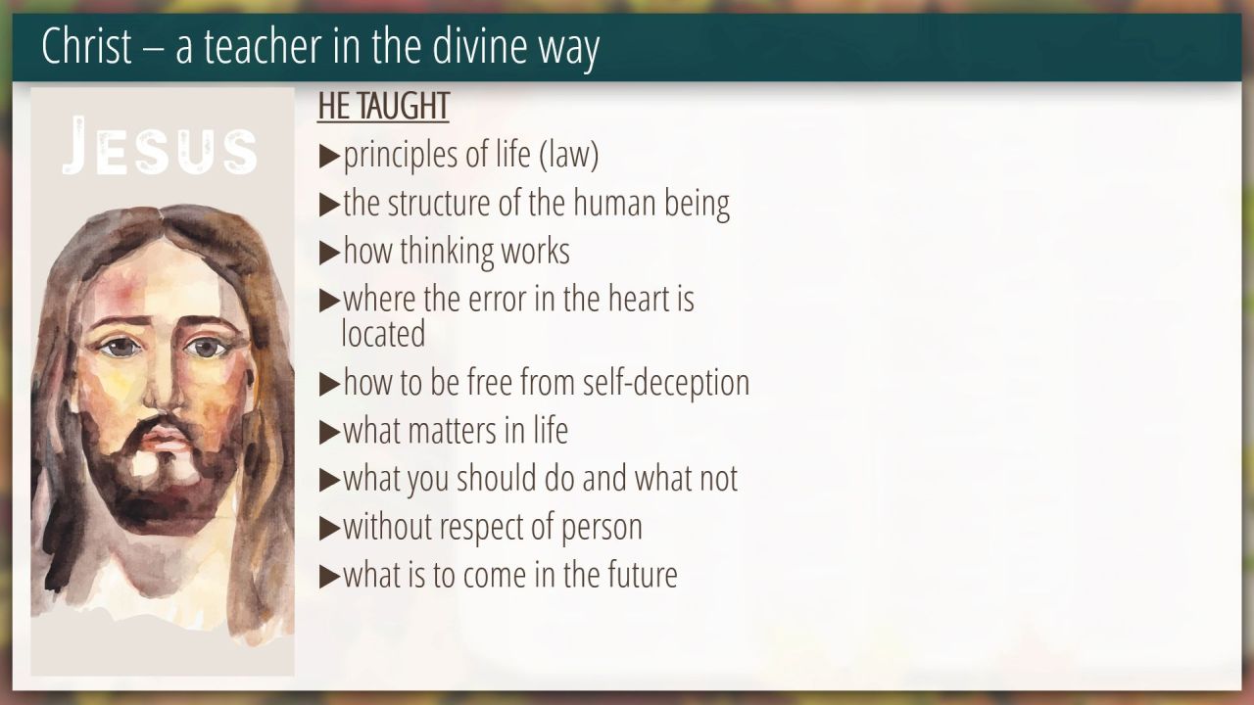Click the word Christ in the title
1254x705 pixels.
coord(86,45)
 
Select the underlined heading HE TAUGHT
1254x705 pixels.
coord(383,106)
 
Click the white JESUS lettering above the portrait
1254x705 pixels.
coord(160,146)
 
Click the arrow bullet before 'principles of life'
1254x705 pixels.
coord(330,156)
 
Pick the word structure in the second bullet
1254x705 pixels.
coord(439,203)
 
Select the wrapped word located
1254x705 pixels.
coord(383,334)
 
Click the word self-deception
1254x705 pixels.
coord(665,383)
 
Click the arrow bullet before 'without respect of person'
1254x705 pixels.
coord(330,528)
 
